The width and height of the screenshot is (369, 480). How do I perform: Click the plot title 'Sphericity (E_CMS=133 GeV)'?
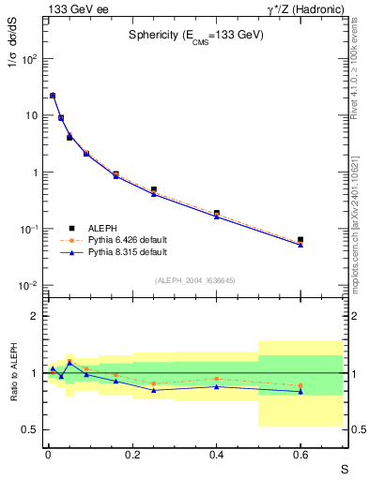click(195, 35)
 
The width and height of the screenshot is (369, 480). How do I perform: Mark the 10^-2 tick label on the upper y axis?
click(29, 286)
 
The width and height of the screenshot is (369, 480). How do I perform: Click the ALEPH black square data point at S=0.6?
click(300, 240)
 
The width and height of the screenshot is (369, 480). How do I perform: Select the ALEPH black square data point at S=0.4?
click(216, 214)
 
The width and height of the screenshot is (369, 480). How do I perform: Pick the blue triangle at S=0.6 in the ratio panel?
click(300, 391)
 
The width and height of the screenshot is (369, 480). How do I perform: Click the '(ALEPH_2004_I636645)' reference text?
click(195, 280)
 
